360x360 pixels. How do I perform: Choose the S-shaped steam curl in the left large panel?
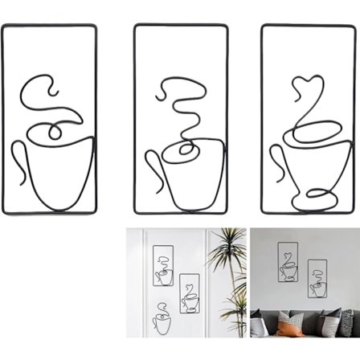pyautogui.click(x=40, y=92)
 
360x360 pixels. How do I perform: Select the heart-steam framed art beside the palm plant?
pyautogui.click(x=190, y=294)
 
